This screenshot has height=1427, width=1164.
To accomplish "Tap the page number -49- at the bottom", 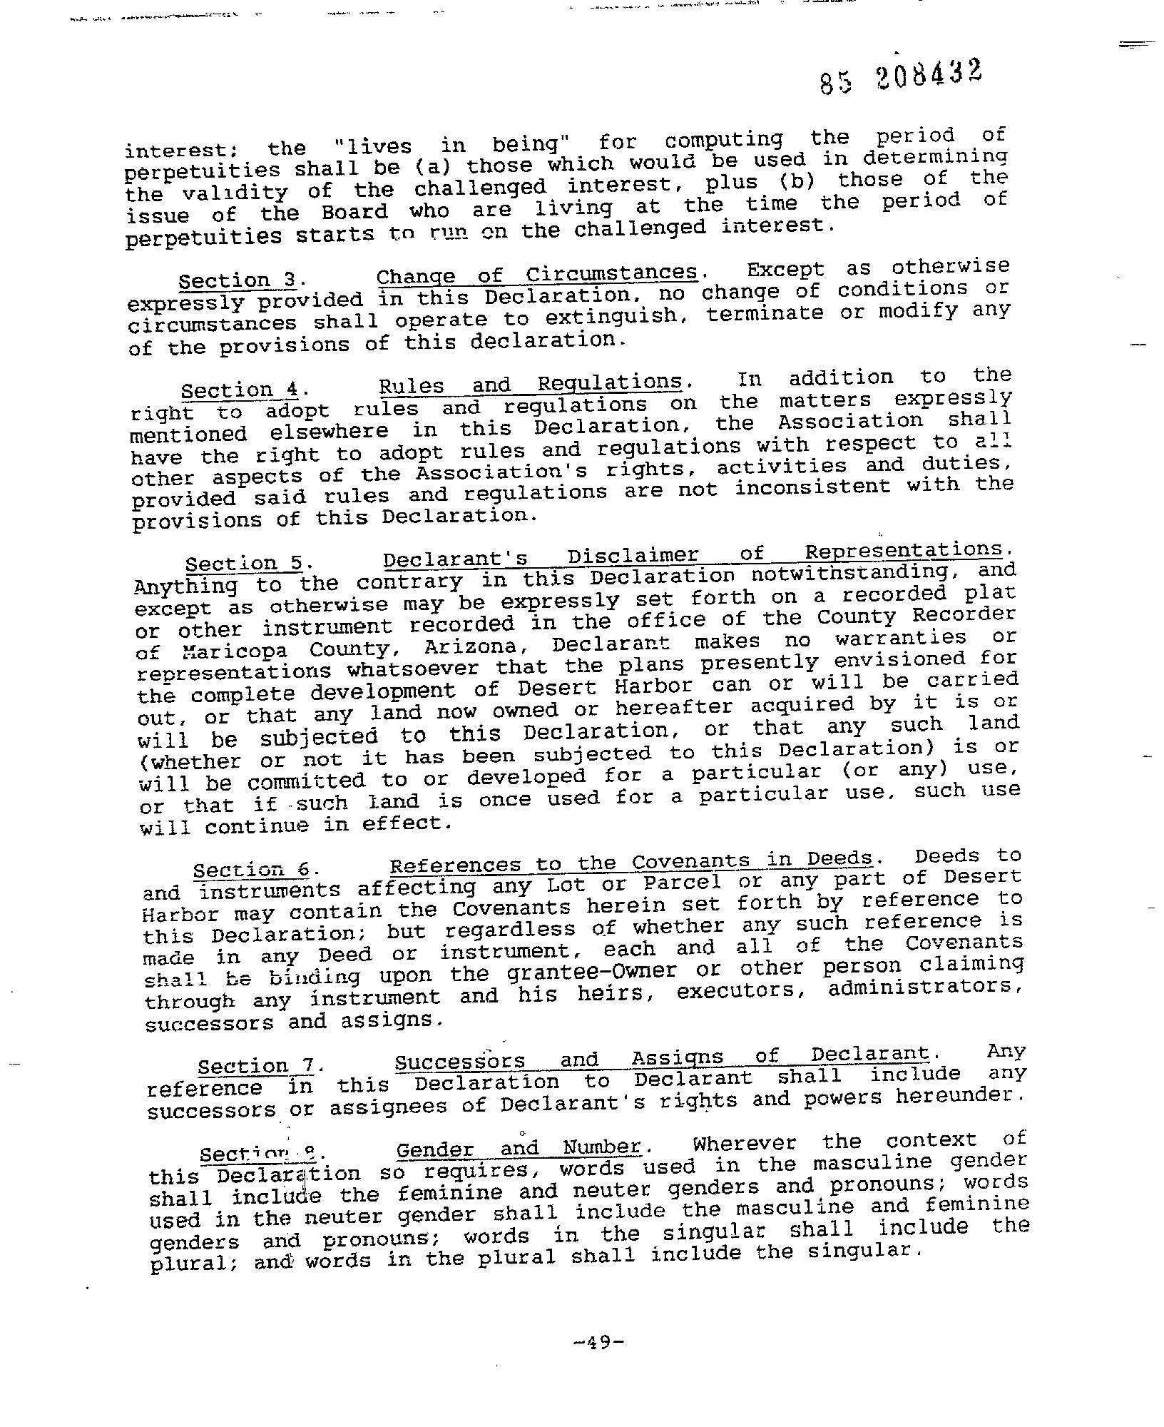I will tap(598, 1343).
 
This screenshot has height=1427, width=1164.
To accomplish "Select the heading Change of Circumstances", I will tap(536, 275).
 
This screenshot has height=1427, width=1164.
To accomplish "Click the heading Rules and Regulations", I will tap(530, 385).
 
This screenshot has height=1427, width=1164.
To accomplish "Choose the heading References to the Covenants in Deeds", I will tap(631, 863).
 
